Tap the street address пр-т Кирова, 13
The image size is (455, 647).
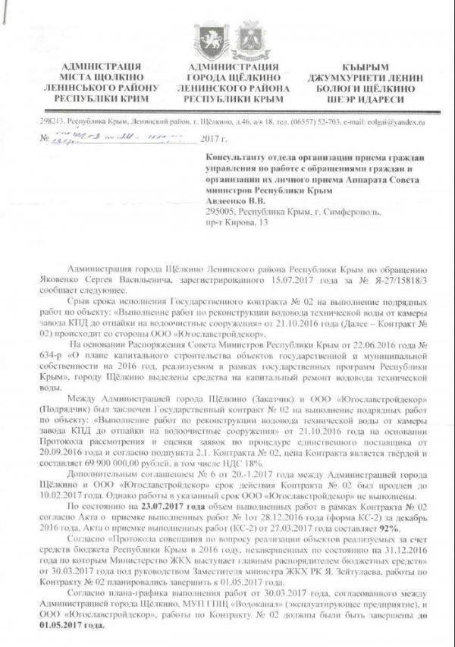237,224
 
